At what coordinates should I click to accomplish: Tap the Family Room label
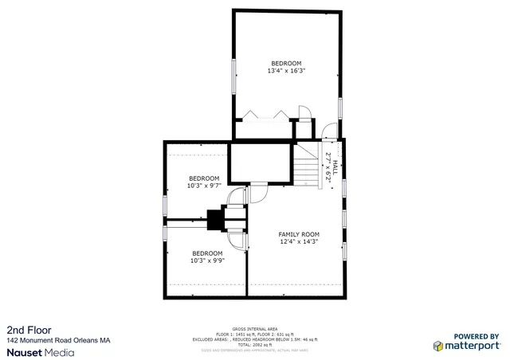[298, 234]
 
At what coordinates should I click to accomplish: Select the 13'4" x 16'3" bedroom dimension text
[286, 71]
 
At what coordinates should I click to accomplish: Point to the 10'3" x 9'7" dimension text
[203, 186]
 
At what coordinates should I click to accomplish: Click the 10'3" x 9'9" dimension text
[206, 260]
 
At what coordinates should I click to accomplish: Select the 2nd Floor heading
[25, 329]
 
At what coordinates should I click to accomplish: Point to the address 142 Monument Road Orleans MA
[58, 340]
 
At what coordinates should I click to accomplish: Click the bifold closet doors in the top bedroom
[266, 115]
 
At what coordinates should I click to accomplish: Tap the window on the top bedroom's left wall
[233, 75]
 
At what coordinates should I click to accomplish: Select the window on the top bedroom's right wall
[340, 107]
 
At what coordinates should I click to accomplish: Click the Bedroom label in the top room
[286, 64]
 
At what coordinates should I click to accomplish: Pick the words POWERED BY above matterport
[476, 335]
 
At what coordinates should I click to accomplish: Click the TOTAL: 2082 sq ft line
[255, 344]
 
